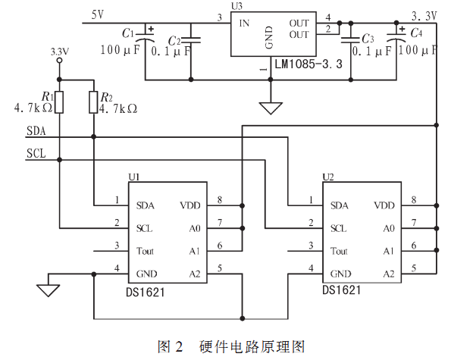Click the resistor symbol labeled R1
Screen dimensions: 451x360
(59, 102)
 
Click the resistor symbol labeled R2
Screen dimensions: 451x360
(93, 102)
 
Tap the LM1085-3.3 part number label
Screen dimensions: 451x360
(308, 64)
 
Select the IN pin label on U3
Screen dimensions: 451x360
(244, 23)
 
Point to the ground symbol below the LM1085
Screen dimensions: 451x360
(271, 108)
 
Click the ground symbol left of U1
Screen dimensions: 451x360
(48, 290)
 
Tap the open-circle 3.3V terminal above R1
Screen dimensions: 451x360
(59, 61)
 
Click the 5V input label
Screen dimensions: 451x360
(98, 14)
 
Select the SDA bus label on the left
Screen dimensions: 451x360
(36, 131)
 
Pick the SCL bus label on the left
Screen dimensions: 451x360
(36, 153)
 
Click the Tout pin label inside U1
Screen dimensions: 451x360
(145, 251)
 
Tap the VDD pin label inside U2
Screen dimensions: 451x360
(384, 205)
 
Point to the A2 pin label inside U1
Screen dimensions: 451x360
(195, 274)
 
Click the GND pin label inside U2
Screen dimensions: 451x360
(340, 274)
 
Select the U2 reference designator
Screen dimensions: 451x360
(328, 177)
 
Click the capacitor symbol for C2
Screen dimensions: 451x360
(191, 39)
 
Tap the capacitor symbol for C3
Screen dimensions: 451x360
(350, 40)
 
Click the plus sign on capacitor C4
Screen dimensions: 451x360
(402, 29)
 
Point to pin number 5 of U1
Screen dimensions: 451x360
(220, 268)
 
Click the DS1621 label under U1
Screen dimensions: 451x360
(146, 293)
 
